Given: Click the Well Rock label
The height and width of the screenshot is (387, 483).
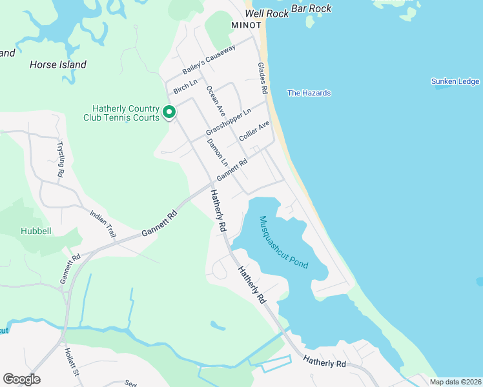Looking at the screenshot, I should coord(265,13).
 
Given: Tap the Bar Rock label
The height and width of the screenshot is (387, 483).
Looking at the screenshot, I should coord(311,8).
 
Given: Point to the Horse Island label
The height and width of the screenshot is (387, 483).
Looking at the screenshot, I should coord(58,64).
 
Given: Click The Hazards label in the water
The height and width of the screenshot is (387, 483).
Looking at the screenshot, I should coord(309,93).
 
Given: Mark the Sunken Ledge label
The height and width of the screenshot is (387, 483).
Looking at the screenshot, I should coord(455,81).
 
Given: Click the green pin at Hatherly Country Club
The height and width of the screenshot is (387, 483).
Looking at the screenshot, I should coord(169,112).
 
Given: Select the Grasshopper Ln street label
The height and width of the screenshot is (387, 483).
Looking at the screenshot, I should coord(228,122).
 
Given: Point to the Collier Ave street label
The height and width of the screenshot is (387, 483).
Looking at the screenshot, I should coord(254,132).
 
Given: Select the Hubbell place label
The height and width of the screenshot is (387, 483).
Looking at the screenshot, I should coord(36,230).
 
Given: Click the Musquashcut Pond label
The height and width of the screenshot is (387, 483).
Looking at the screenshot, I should coord(283,243).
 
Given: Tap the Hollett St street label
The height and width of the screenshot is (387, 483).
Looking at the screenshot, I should coord(70,362).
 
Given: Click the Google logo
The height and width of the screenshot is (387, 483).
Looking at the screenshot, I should coord(22,379).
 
